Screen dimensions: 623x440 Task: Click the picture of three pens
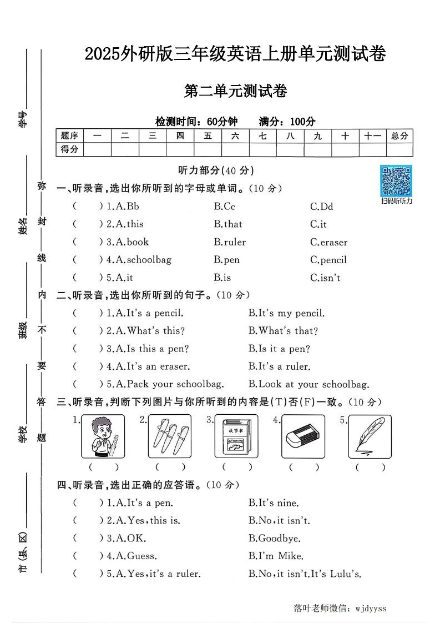click(169, 436)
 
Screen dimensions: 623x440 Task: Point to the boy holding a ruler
click(103, 436)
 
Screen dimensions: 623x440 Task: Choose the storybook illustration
click(236, 436)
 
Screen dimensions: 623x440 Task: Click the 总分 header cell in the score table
click(399, 135)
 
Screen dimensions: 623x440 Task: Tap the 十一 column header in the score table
click(372, 135)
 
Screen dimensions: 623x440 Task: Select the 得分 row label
click(69, 149)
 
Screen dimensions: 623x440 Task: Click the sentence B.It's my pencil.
click(286, 313)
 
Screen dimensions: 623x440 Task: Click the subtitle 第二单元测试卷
click(235, 91)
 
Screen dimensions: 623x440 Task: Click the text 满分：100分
click(287, 122)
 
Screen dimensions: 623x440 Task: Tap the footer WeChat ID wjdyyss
click(368, 608)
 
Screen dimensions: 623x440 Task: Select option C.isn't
click(325, 278)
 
